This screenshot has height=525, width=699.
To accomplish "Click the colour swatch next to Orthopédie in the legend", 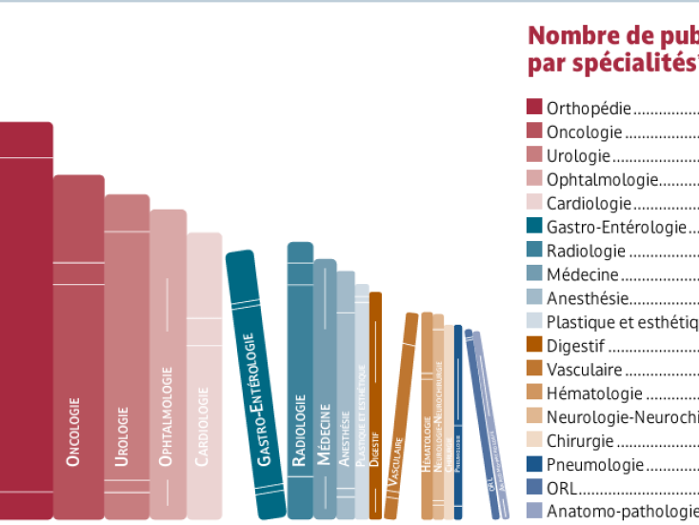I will point(534,108).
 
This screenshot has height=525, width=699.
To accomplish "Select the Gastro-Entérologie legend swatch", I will point(534,227).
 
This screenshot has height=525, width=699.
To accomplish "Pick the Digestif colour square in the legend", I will point(534,346).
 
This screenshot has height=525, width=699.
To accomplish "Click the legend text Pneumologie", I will point(582,465).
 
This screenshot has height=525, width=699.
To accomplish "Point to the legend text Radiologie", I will point(586,251).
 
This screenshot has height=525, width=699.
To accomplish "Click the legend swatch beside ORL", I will point(534,489).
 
